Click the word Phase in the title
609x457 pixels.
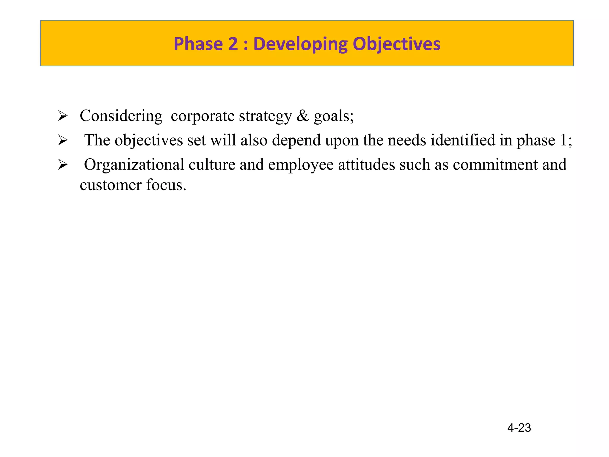tap(198, 44)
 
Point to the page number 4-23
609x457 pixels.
tap(519, 428)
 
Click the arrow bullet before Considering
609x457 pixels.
tap(63, 116)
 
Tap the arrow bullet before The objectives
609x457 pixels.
tap(63, 140)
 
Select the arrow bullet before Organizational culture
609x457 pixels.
tap(63, 165)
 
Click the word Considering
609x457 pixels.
tap(121, 116)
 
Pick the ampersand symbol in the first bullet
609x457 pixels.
tap(303, 116)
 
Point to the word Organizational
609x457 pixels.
tap(134, 165)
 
